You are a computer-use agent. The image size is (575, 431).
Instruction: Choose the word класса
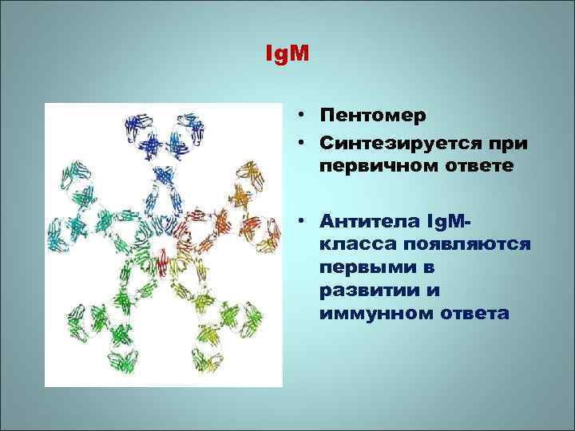356,243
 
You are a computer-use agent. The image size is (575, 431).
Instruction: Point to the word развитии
364,289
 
